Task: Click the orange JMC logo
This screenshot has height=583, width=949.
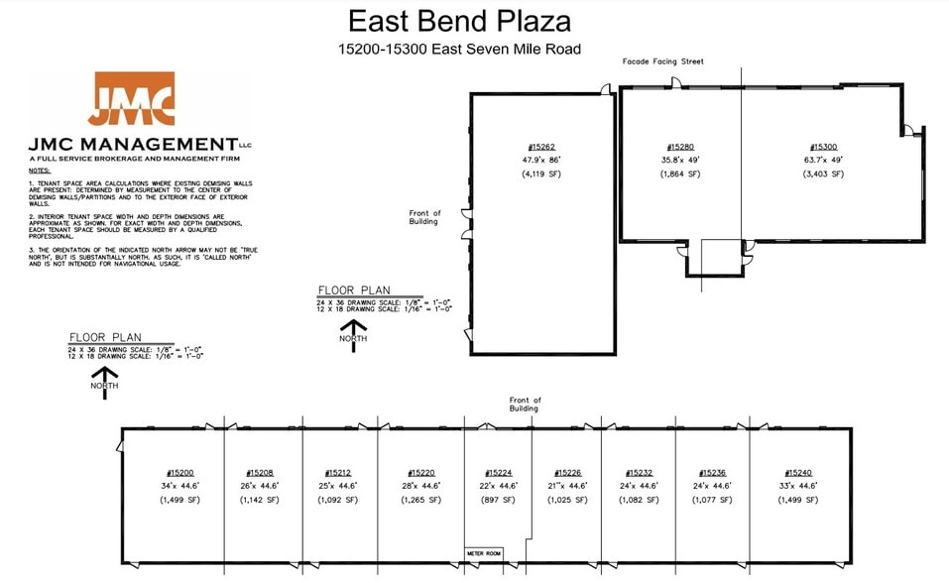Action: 131,99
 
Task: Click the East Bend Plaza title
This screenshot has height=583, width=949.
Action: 459,21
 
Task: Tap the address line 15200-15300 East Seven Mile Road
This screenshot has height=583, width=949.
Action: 459,49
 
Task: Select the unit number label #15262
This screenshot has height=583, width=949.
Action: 541,147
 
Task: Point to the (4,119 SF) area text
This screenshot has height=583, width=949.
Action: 541,175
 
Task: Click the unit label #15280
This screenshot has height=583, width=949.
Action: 680,147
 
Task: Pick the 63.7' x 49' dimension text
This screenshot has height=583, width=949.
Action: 824,159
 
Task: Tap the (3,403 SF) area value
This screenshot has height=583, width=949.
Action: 824,174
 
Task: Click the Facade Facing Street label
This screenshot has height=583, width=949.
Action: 662,61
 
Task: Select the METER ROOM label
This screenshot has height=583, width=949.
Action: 484,553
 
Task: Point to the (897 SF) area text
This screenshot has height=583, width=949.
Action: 498,501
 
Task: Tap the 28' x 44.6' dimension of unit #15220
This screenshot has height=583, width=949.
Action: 421,487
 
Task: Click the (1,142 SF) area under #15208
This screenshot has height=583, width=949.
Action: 260,501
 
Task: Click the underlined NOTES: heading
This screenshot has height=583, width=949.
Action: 39,171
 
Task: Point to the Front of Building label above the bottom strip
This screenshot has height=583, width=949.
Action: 524,405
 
